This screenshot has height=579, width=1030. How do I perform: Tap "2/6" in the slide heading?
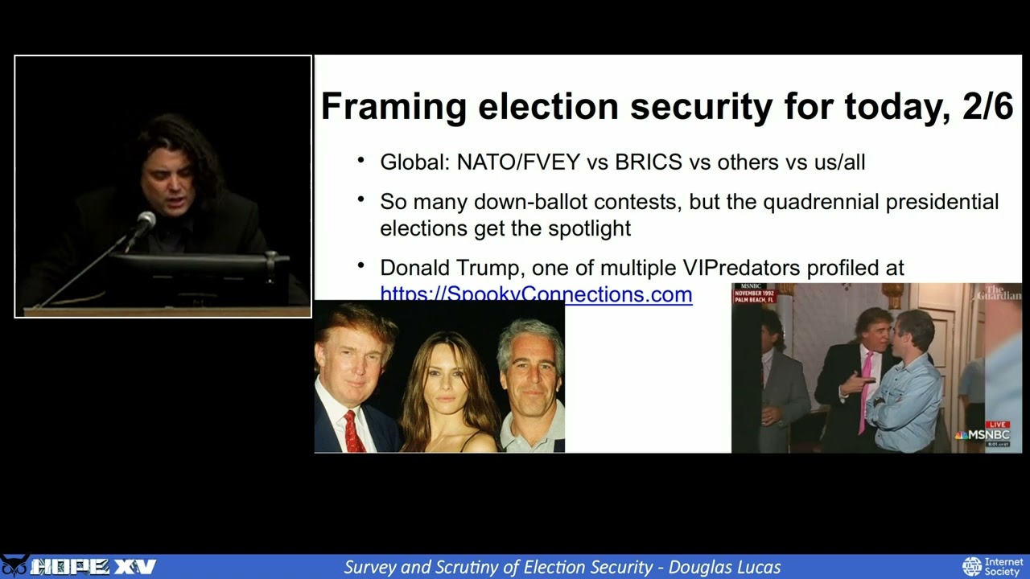987,107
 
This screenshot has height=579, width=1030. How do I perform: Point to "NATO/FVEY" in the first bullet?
518,162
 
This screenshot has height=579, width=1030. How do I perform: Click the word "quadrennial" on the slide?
821,202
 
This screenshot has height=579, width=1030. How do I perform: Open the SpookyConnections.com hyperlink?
536,294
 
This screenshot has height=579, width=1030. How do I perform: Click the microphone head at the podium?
146,219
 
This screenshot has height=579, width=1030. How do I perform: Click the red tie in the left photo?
352,430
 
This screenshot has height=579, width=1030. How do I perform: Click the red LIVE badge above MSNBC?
998,424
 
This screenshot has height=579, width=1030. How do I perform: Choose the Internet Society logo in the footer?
993,566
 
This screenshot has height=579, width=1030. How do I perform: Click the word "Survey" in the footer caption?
371,567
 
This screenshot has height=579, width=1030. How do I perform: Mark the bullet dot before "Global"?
361,160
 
